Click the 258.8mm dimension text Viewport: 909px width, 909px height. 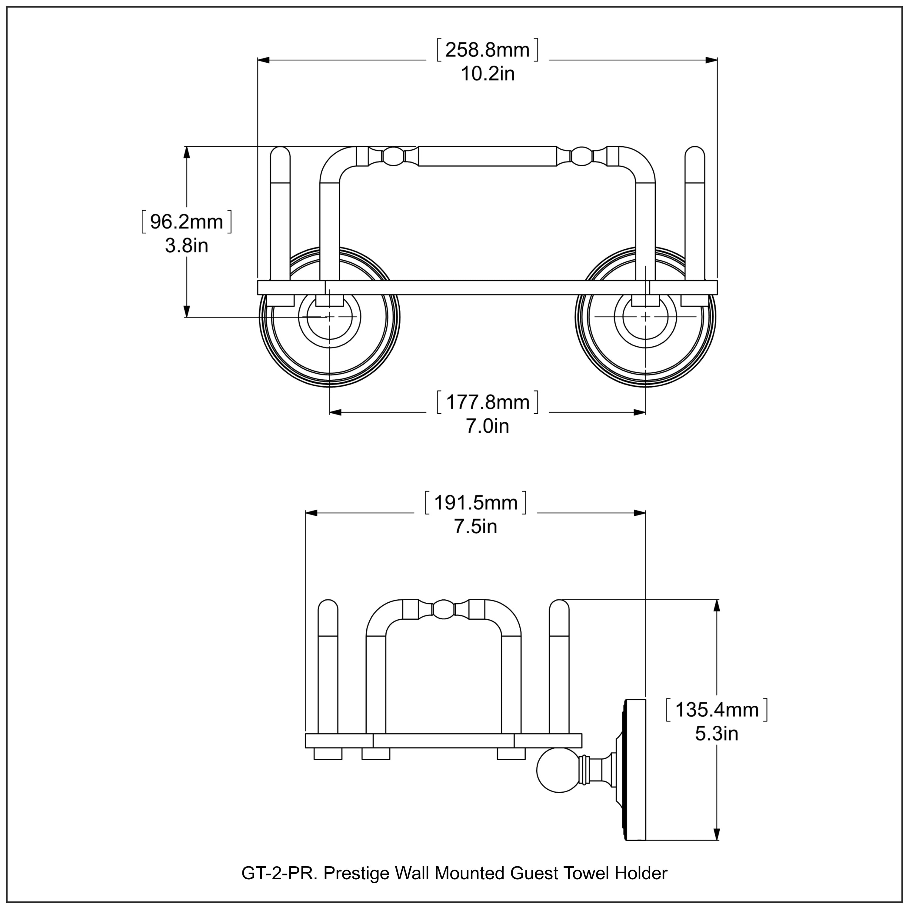pyautogui.click(x=488, y=50)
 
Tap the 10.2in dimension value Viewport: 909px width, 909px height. pyautogui.click(x=488, y=74)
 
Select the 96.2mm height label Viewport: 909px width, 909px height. pyautogui.click(x=186, y=222)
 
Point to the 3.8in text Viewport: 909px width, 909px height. pyautogui.click(x=186, y=246)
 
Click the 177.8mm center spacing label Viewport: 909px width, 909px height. pyautogui.click(x=488, y=402)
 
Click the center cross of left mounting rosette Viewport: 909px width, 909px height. pyautogui.click(x=329, y=317)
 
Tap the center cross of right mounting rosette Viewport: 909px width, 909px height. pyautogui.click(x=645, y=317)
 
